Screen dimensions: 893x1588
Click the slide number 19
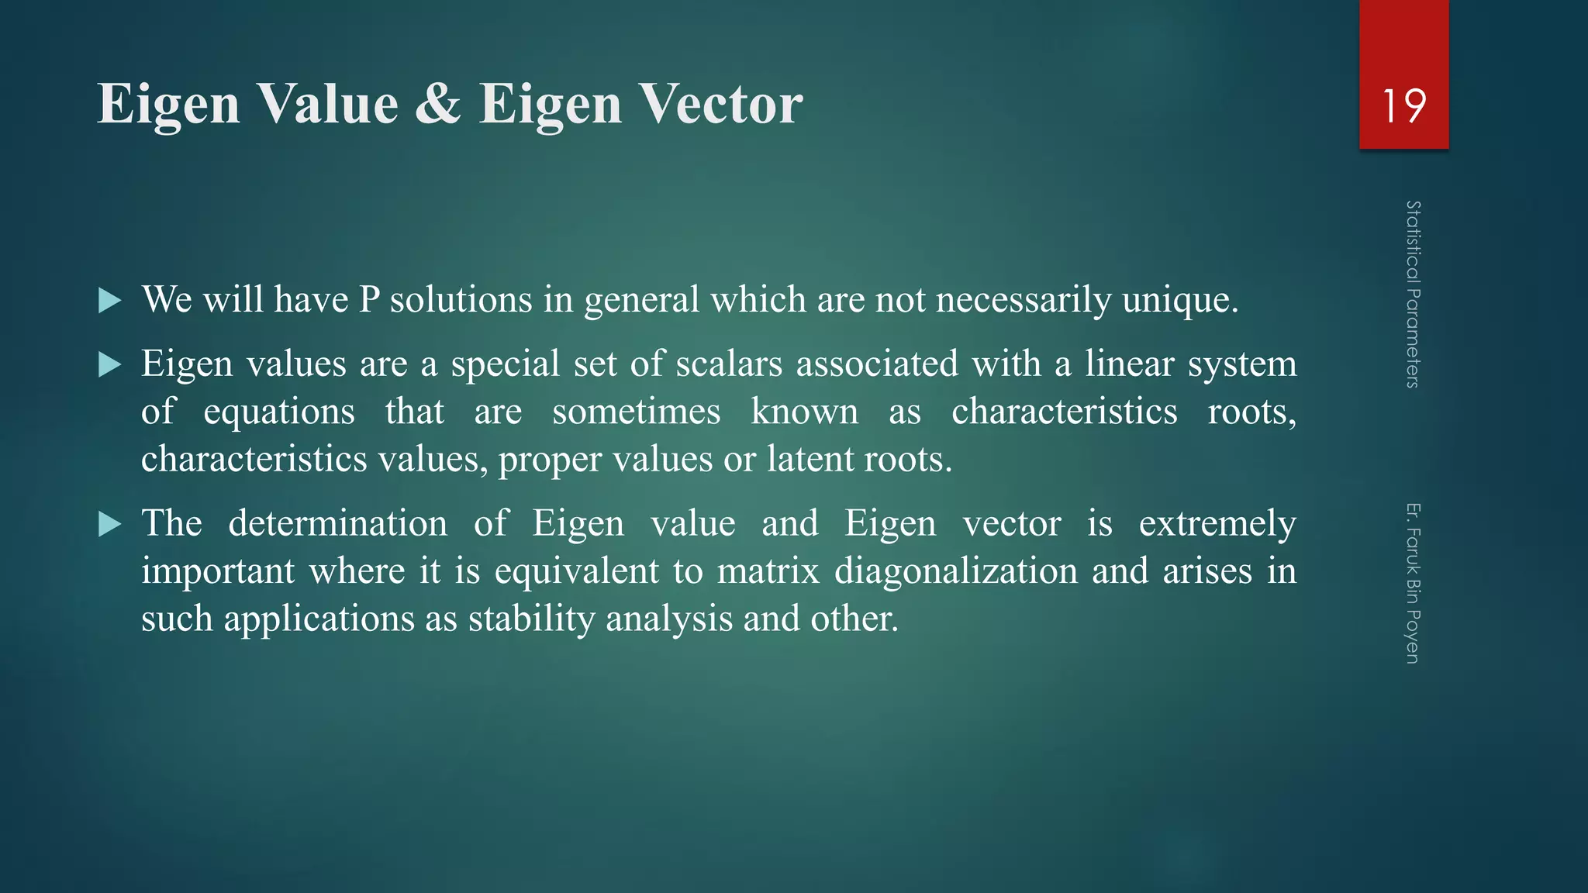[1403, 105]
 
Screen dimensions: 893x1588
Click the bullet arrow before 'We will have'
[110, 301]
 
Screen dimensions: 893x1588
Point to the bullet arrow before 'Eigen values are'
[110, 365]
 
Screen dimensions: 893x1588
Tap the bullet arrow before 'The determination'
[110, 525]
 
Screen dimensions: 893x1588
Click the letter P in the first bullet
[368, 300]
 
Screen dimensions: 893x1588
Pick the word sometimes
[636, 412]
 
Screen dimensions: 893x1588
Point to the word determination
[337, 523]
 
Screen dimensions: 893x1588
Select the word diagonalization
[956, 572]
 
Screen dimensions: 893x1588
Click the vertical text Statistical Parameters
[1413, 294]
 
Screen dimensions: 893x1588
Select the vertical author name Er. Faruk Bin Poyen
[1413, 583]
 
